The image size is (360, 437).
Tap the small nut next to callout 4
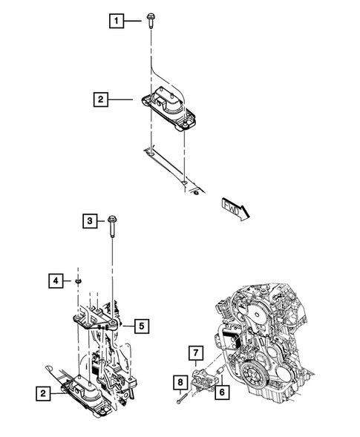77,280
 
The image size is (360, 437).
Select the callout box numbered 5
141,323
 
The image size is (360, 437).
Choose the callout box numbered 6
220,392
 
